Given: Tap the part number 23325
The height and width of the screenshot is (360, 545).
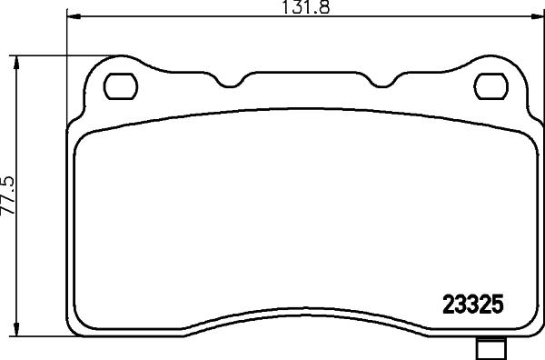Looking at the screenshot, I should [473, 305].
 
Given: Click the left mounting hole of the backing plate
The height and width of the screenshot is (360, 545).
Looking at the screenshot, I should [119, 87].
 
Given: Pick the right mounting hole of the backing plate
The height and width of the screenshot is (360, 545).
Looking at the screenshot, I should [491, 87].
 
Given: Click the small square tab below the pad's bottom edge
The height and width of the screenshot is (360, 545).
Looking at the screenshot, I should [491, 346].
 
